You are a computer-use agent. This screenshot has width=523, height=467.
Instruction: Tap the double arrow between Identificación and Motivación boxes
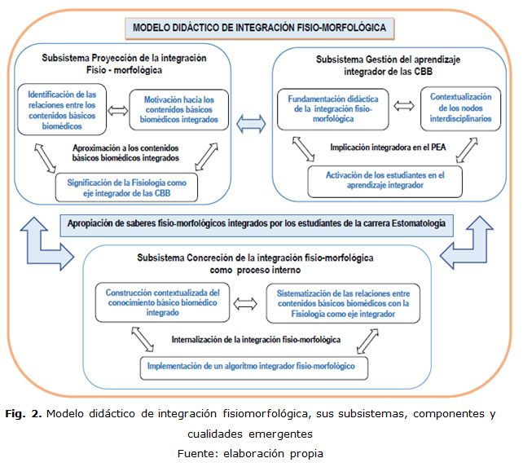116,112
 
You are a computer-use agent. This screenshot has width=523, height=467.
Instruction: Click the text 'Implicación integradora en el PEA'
380,148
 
